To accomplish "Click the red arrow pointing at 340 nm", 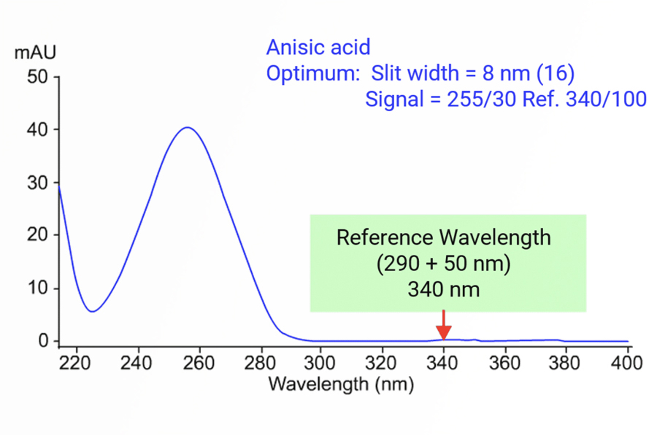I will (443, 326).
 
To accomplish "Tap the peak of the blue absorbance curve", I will (187, 128).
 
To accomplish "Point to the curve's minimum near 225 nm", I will (92, 311).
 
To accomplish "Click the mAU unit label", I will (35, 53).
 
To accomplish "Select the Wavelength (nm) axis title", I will (341, 385).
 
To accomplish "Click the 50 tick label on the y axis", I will (37, 77).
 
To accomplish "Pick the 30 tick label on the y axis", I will (37, 183).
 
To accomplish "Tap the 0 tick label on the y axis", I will (44, 341).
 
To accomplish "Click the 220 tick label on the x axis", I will (75, 363).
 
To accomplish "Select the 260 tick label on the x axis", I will (199, 363).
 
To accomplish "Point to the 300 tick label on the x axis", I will (319, 363).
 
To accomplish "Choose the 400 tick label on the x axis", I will (627, 363).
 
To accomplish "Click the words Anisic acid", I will (318, 47).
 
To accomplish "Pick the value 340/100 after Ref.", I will (606, 99).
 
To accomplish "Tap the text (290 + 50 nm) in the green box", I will (443, 263).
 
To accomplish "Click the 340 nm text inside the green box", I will (443, 289).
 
